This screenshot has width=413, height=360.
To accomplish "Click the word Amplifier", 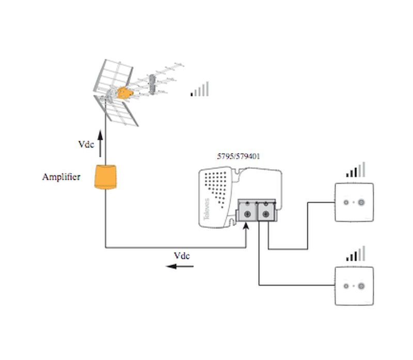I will [x=61, y=177].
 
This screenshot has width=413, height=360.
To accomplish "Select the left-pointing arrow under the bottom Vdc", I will [x=180, y=266].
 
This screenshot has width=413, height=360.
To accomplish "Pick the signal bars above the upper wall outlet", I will [x=356, y=170].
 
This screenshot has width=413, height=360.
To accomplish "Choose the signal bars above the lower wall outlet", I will [x=356, y=253].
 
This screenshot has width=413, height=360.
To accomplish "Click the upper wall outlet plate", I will [x=354, y=202].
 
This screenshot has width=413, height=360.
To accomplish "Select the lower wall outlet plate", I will [x=354, y=285].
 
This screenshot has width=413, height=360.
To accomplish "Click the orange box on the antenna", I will [x=124, y=93].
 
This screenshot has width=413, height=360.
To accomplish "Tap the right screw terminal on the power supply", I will [x=265, y=213].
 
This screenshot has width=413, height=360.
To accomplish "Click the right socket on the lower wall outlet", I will [x=360, y=285].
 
